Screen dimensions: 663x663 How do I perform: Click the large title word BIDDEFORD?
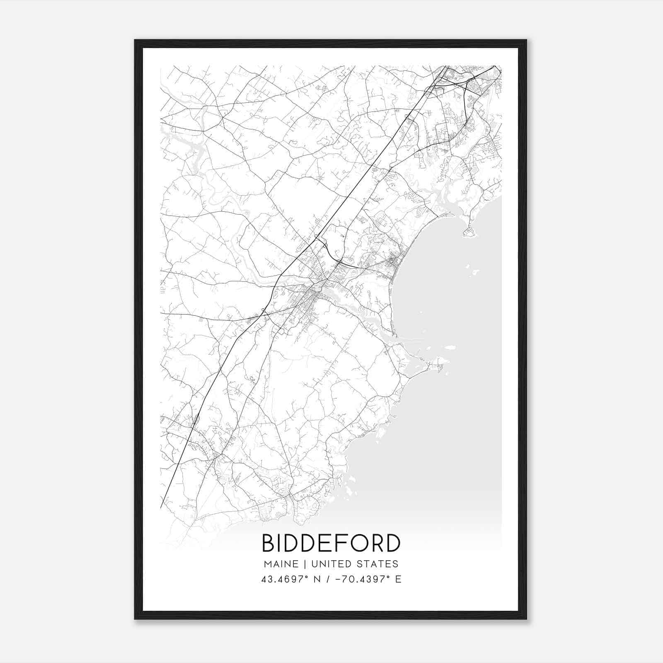point(331,543)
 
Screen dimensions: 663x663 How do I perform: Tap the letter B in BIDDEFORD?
point(269,543)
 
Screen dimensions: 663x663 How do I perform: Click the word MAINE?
point(281,564)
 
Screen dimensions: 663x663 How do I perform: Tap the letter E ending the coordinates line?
point(398,579)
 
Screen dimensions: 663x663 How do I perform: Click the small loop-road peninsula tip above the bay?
point(470,232)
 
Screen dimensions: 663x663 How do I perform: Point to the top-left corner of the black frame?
point(135,40)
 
